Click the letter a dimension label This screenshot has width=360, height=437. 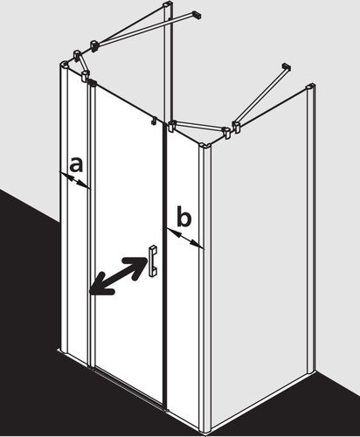[x=76, y=164]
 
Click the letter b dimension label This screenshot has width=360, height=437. [x=184, y=216]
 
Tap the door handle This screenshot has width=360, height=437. [x=153, y=261]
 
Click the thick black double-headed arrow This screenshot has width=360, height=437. [x=118, y=275]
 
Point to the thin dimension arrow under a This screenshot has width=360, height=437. [x=74, y=180]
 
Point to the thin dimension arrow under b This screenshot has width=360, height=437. [x=185, y=239]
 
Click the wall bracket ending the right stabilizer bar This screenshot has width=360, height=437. [x=286, y=66]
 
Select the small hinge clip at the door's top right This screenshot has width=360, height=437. [x=154, y=120]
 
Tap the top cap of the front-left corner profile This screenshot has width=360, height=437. [x=66, y=64]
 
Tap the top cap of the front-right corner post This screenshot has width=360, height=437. [x=205, y=145]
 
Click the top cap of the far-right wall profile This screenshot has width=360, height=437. [x=310, y=87]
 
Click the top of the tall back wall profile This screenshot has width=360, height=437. [x=168, y=4]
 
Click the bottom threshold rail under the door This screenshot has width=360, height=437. [x=128, y=387]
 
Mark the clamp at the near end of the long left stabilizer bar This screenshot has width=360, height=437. [x=94, y=46]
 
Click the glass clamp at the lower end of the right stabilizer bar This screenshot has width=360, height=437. [x=236, y=128]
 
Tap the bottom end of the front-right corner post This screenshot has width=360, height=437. [x=205, y=429]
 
